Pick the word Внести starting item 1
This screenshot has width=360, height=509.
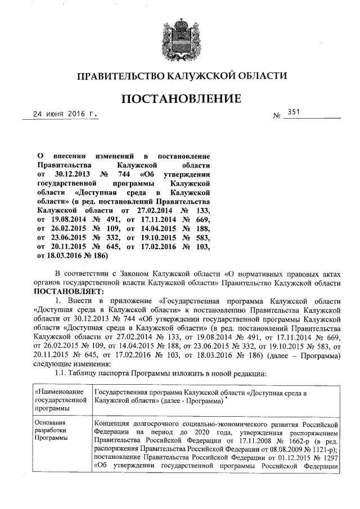click(83, 301)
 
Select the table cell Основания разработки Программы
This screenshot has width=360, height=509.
click(51, 430)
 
